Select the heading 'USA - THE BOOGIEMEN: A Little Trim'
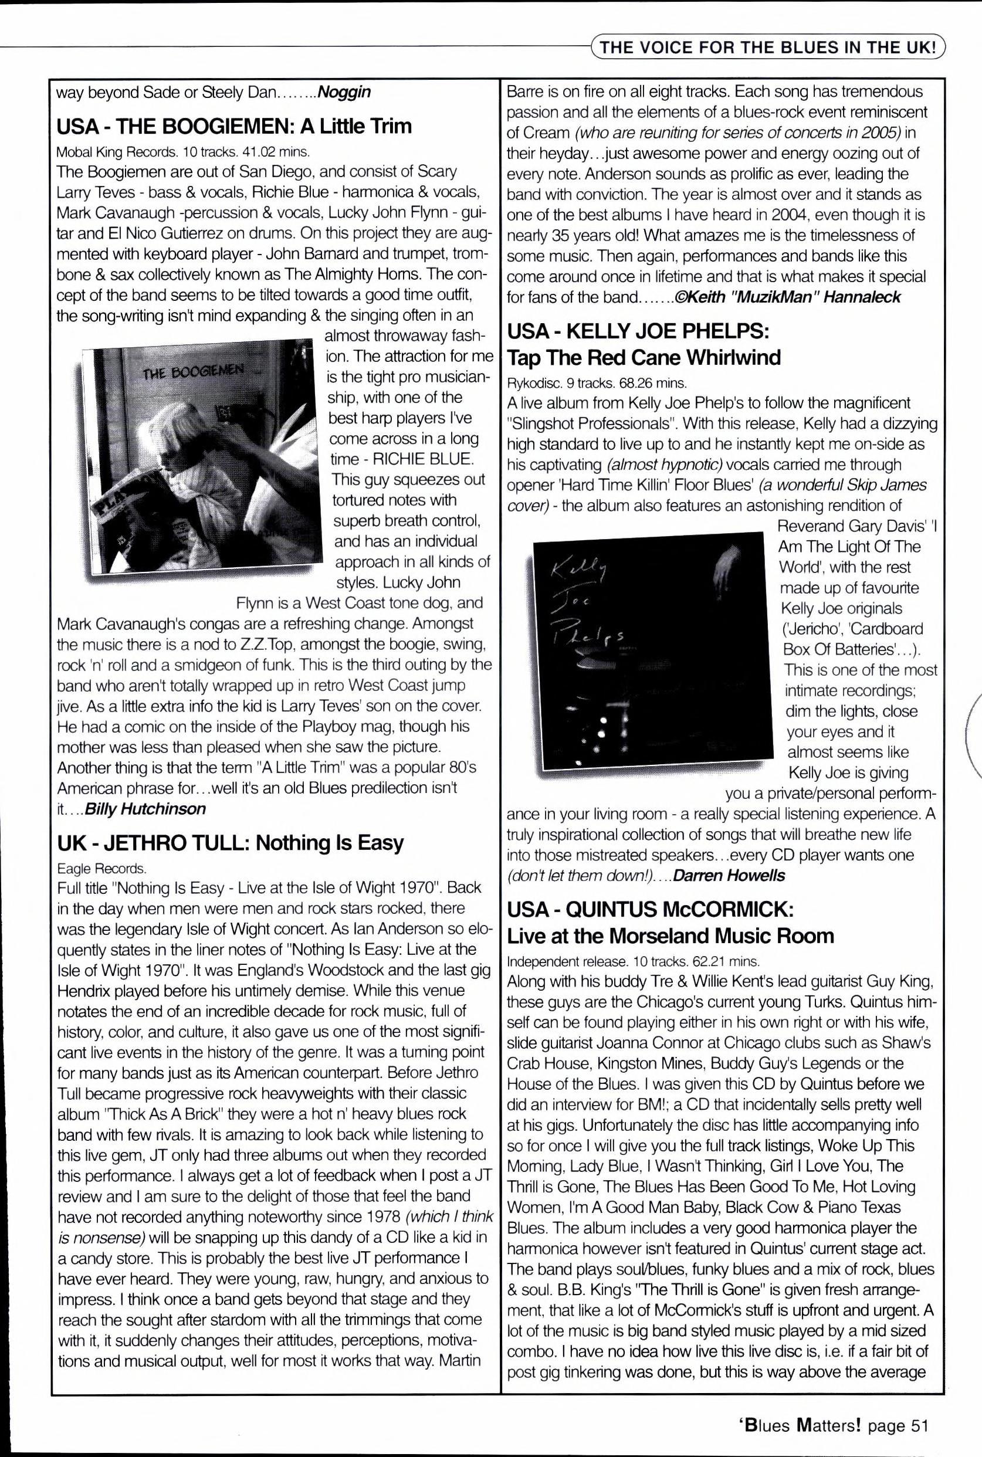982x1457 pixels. click(x=234, y=127)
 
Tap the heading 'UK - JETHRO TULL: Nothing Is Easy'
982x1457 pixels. click(x=231, y=842)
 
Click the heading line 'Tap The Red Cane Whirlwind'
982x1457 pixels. click(x=643, y=358)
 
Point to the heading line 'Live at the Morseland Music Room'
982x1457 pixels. click(x=670, y=936)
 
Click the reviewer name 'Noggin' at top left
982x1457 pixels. click(x=344, y=93)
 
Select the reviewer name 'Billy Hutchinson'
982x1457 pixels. click(x=145, y=809)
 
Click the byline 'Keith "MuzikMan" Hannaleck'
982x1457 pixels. click(x=793, y=297)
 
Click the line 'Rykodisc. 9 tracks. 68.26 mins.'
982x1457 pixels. click(x=596, y=382)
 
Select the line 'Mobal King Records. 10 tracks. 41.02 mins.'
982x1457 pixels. click(x=183, y=151)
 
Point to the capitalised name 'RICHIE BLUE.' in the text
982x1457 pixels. click(x=422, y=459)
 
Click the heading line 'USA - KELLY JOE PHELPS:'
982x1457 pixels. click(x=638, y=331)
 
